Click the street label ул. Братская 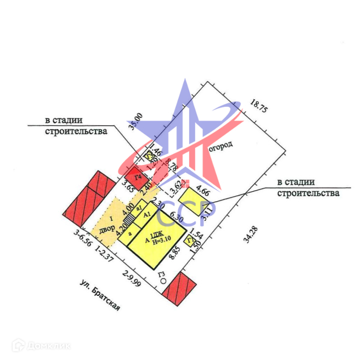click(100, 296)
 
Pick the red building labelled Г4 click(139, 176)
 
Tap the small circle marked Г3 click(162, 281)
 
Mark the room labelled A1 click(146, 215)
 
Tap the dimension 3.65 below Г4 click(128, 186)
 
